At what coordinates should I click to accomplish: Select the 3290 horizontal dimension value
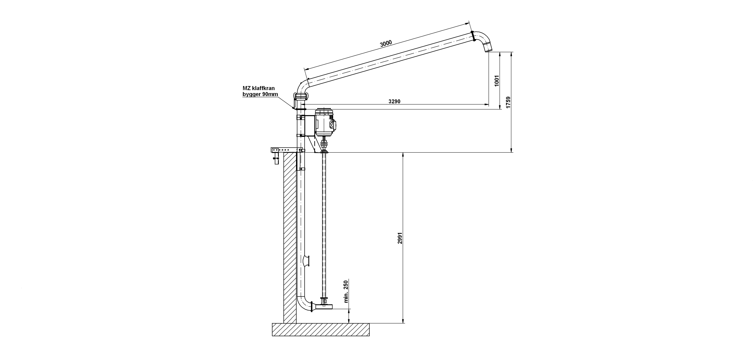(394, 101)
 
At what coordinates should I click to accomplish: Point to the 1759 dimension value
(508, 102)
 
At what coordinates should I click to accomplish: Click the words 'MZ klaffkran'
(259, 88)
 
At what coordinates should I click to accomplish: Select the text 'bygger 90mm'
(260, 94)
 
